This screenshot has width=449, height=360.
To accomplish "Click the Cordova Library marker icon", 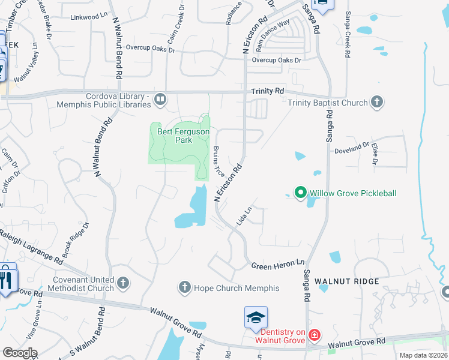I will (x=160, y=100).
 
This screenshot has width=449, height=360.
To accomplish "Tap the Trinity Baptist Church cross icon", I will (x=377, y=102).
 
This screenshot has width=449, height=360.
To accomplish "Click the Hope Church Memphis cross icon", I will (x=185, y=287).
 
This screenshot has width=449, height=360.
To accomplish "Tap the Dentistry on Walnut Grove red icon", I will (x=313, y=335).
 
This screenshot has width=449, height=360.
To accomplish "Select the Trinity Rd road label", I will (x=267, y=91).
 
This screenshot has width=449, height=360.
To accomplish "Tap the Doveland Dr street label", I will (x=351, y=146).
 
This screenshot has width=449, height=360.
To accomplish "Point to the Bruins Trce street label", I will (x=218, y=161).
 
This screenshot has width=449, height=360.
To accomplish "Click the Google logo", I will (x=19, y=353).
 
